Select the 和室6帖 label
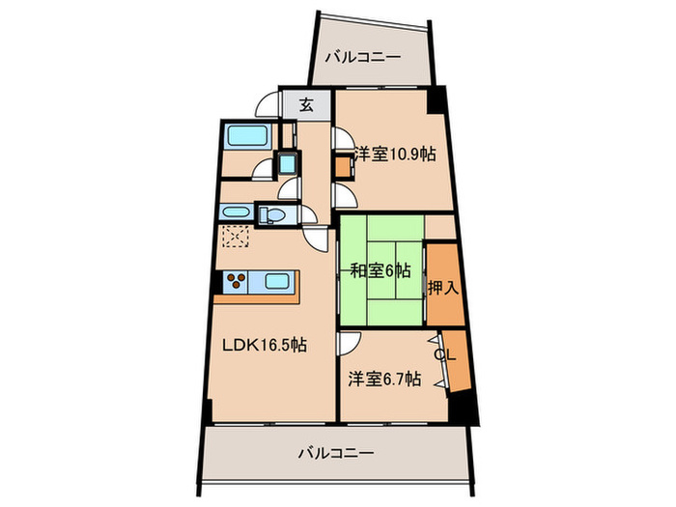(380, 270)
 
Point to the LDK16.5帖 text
(265, 345)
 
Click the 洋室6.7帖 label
(384, 380)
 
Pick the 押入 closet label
(444, 287)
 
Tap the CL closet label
(443, 354)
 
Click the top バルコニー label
(362, 57)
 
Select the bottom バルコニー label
(335, 451)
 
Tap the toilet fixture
(271, 213)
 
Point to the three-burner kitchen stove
(238, 282)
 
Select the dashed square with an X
(234, 238)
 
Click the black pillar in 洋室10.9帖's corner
(438, 99)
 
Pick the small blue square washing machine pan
(288, 163)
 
